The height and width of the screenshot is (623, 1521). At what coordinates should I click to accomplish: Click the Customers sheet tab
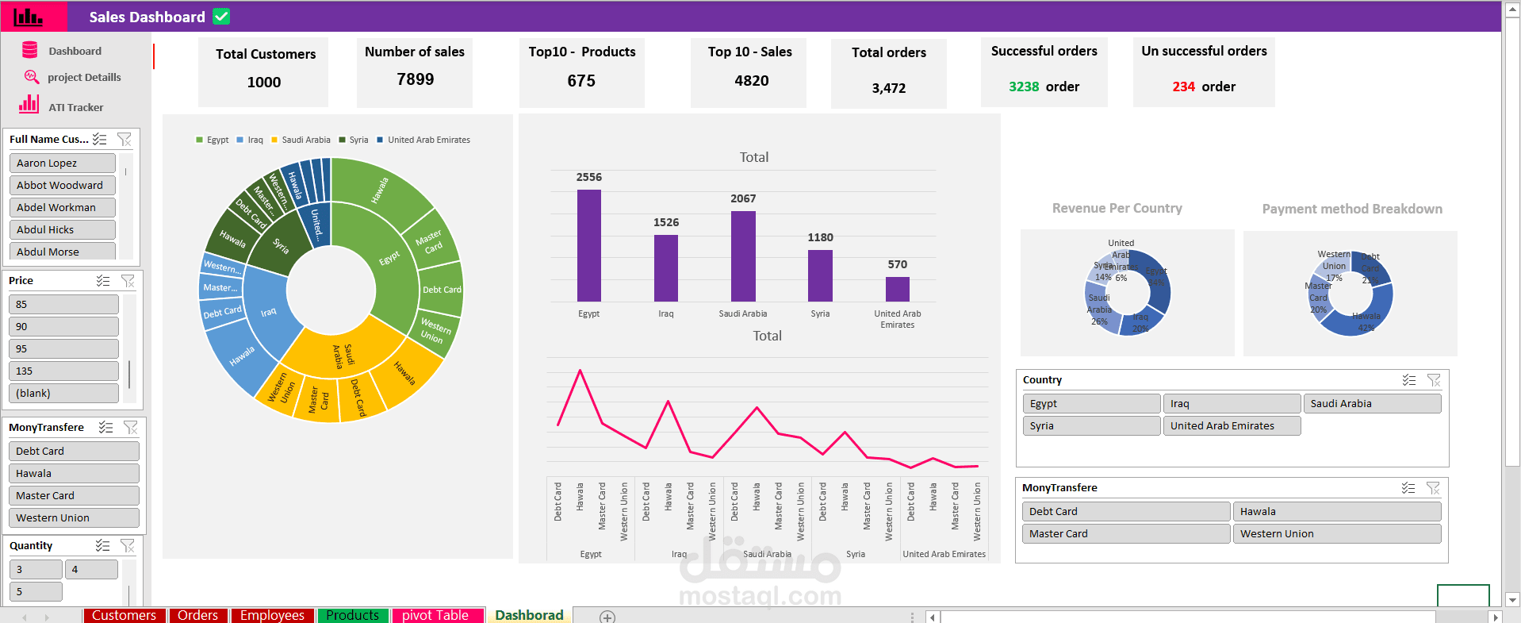124,615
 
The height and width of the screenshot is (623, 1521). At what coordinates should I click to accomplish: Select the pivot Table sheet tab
435,615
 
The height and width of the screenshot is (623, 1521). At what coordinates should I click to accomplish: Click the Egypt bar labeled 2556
588,245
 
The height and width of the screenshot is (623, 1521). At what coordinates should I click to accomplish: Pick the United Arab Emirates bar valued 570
897,289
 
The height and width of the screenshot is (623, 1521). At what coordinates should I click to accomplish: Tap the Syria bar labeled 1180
820,275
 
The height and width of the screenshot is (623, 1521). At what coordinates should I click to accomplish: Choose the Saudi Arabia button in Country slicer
1371,403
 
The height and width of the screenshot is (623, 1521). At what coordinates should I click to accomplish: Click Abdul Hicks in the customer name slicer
62,229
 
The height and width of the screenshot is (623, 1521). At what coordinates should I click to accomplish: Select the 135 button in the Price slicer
63,371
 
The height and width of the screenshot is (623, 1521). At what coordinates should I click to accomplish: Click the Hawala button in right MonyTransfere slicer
1336,511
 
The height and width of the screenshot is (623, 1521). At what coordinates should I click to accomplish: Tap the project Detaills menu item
83,77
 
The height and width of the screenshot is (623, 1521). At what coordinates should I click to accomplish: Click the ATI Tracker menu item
75,107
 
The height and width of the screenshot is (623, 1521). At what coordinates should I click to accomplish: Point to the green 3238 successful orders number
1024,87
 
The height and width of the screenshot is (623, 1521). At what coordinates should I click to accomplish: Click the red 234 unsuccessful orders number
1183,87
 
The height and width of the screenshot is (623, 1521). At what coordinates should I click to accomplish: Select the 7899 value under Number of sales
416,79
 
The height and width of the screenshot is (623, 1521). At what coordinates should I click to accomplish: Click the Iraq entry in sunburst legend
254,140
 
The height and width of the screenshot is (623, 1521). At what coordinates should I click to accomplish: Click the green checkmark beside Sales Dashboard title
221,17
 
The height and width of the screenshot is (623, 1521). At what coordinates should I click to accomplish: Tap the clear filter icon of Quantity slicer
128,545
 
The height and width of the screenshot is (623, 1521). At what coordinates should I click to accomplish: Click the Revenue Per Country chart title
1117,208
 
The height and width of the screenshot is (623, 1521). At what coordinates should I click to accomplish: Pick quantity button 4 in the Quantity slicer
91,569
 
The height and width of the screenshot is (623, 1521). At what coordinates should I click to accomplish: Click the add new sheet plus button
607,617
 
